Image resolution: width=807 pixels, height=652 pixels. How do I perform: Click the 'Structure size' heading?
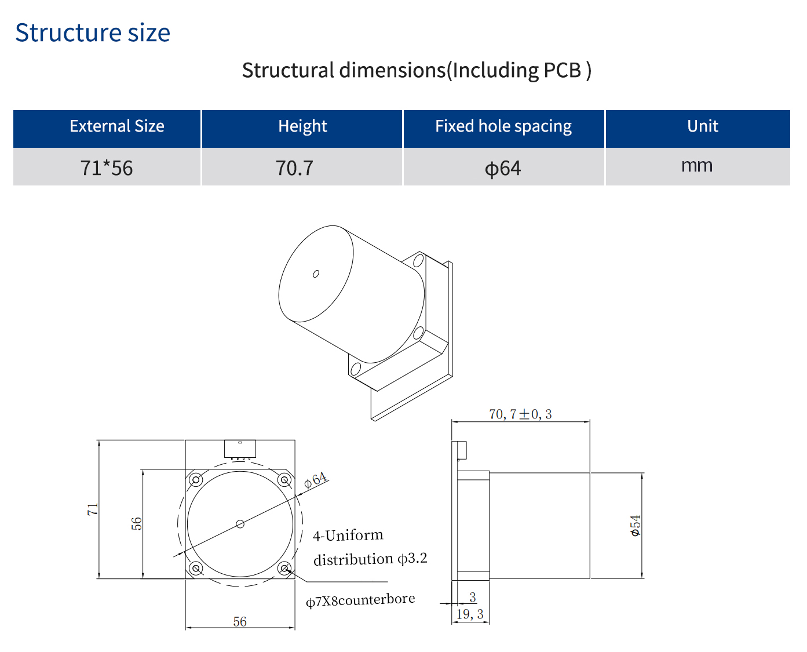tap(93, 33)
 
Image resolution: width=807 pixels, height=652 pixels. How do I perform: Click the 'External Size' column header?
tap(117, 126)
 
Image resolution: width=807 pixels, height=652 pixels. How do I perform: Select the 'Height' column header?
tap(302, 126)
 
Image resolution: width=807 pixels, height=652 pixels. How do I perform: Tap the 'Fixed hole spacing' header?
tap(503, 126)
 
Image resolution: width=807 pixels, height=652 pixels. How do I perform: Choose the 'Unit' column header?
tap(702, 126)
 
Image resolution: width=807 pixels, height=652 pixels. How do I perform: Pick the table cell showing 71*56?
tap(107, 168)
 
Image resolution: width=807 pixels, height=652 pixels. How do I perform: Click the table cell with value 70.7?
tap(294, 168)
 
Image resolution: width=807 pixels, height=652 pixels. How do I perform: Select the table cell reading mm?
tap(697, 166)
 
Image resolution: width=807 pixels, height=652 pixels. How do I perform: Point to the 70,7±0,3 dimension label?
tap(520, 414)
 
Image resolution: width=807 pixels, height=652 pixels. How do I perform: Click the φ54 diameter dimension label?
tap(636, 525)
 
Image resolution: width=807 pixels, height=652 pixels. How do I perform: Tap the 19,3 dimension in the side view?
tap(470, 614)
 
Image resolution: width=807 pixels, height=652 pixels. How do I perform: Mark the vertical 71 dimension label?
tap(93, 509)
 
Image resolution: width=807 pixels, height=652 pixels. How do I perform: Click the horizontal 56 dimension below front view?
tap(240, 622)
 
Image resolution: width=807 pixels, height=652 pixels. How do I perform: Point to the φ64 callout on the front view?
tap(316, 480)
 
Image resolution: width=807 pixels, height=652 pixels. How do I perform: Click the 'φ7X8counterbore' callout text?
tap(360, 600)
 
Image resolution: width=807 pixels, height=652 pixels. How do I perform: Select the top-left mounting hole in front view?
tap(196, 480)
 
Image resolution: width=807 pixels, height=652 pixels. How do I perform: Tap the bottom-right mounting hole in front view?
tap(284, 568)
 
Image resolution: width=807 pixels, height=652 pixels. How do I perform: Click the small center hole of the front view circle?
tap(240, 524)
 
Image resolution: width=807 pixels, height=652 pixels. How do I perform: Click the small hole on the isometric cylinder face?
tap(316, 274)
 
